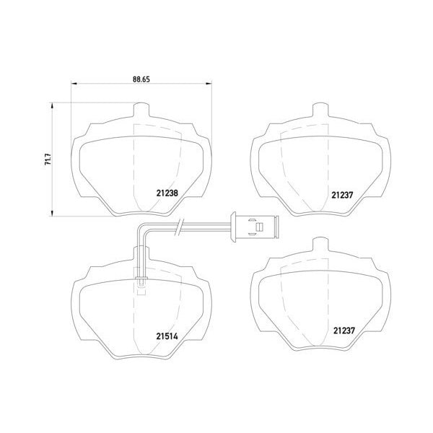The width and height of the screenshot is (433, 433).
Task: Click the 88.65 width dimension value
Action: [x=141, y=79]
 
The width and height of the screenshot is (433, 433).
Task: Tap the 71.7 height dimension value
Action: [x=48, y=159]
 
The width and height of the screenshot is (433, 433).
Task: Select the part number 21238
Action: [x=167, y=193]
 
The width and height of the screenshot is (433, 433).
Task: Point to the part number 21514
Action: [x=167, y=336]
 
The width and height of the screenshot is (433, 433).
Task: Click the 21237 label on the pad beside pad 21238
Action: [x=342, y=196]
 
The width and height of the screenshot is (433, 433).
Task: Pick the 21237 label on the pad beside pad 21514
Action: [x=344, y=331]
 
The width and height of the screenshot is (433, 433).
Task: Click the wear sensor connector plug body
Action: [x=255, y=227]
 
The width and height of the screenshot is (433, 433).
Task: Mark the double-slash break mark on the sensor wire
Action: [x=179, y=227]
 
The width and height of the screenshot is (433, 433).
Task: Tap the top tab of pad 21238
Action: [x=141, y=110]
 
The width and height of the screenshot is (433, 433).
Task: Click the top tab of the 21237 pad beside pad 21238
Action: [x=320, y=110]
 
